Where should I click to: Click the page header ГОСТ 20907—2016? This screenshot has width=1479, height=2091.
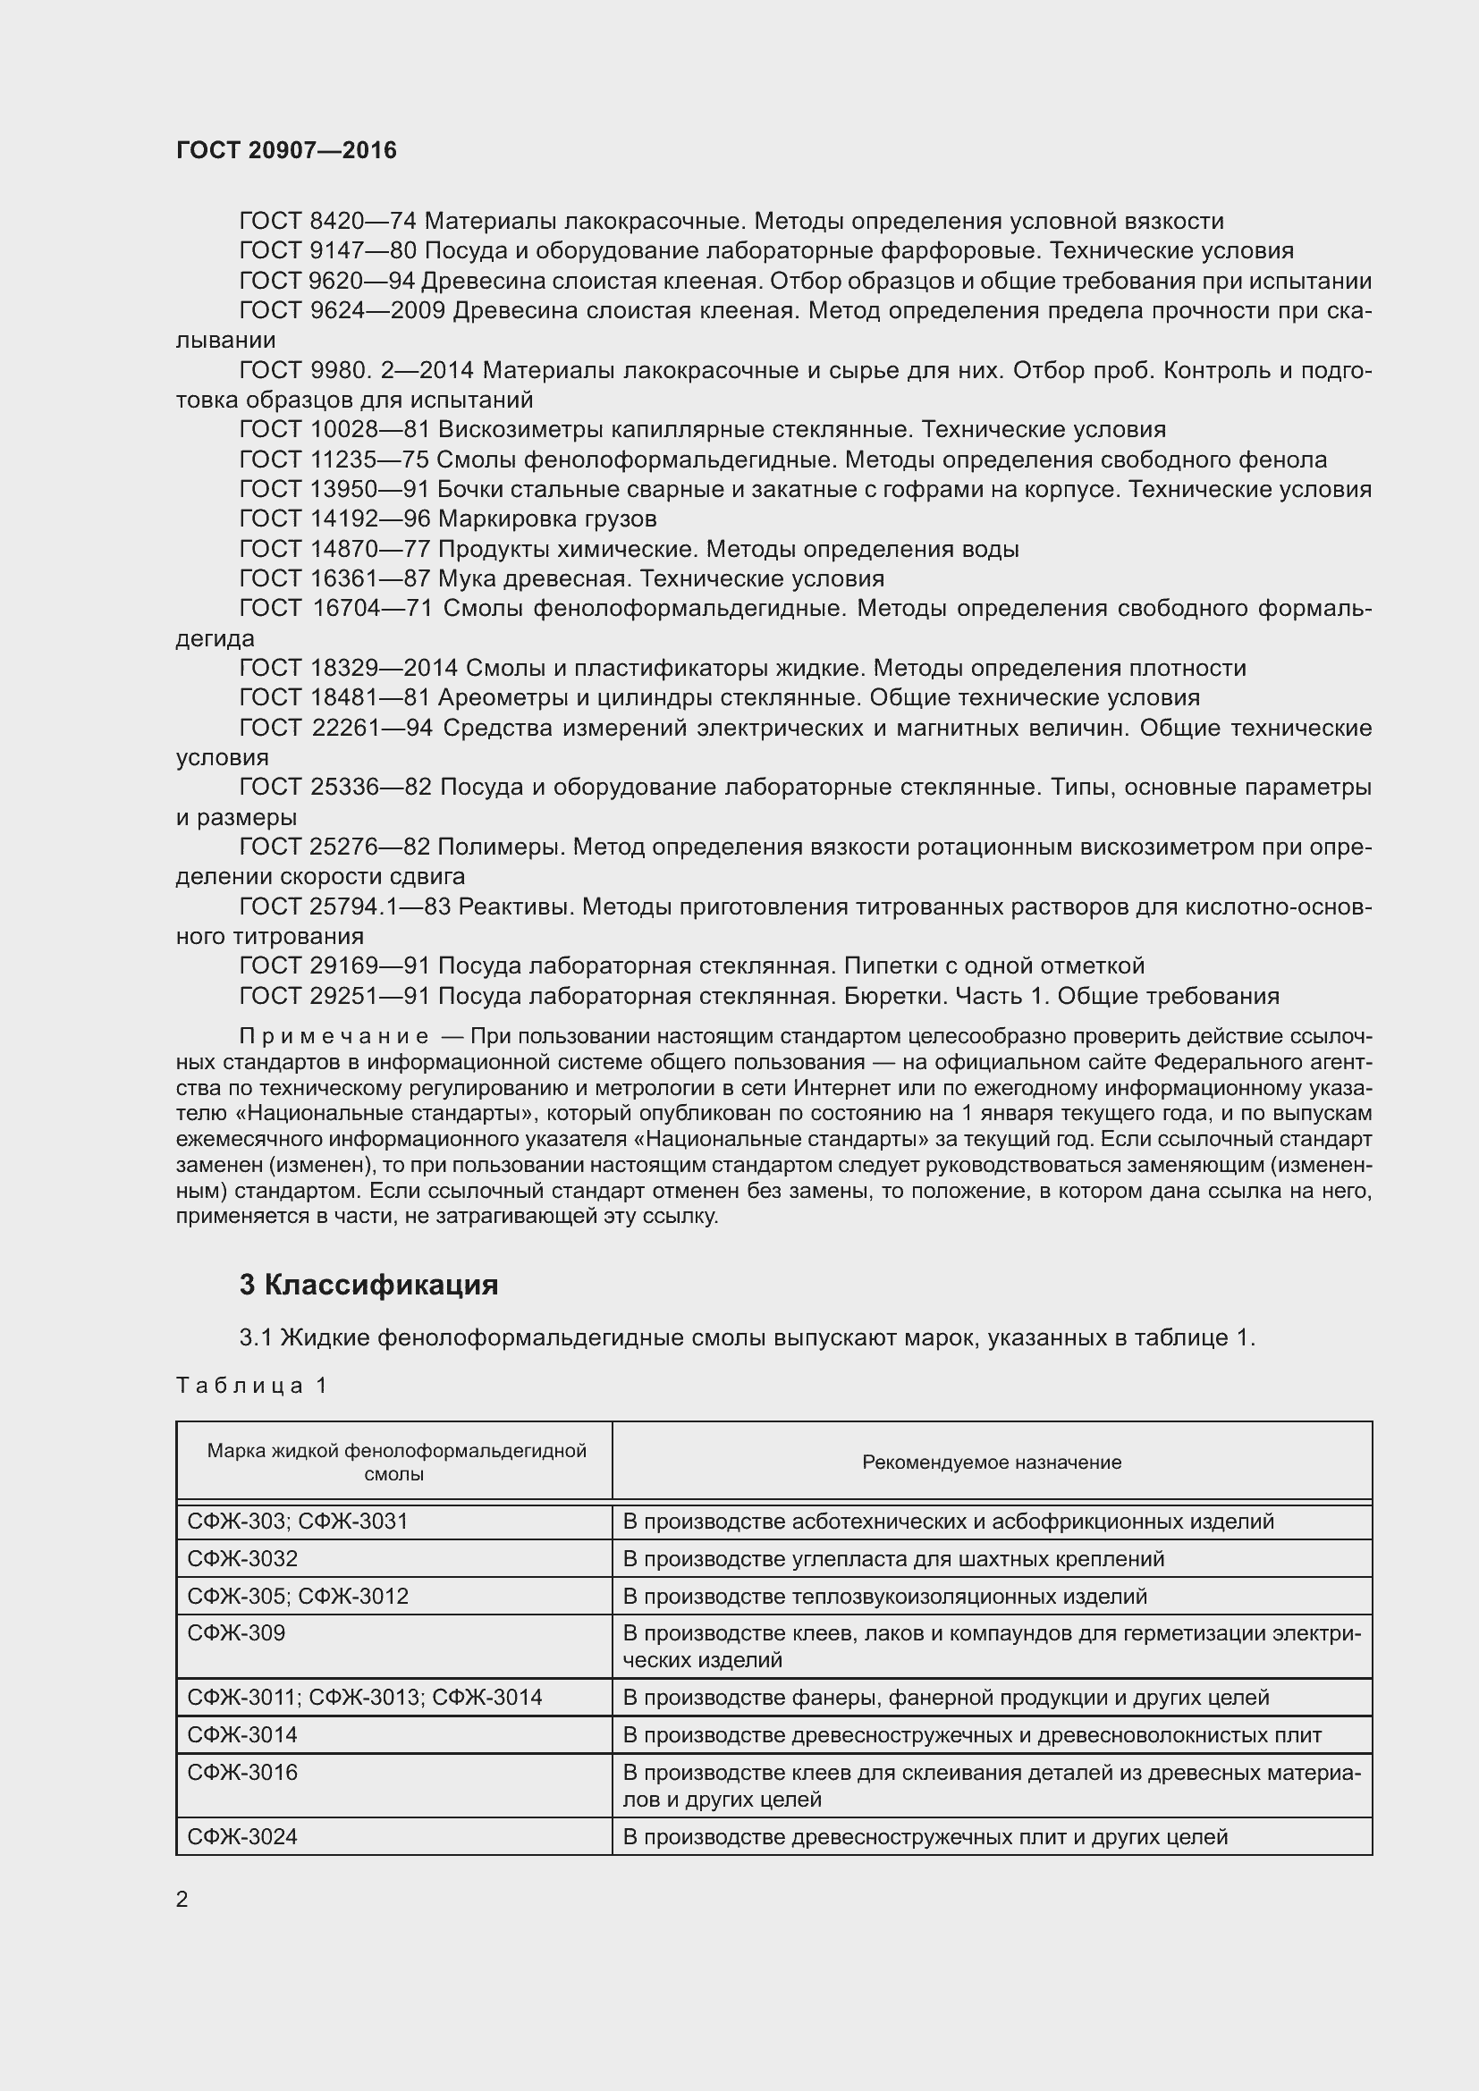tap(286, 150)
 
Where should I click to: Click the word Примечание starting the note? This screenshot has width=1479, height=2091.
tap(334, 1036)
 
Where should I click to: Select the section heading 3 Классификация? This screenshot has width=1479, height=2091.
tap(368, 1285)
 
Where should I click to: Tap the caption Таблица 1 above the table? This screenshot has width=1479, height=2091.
tap(251, 1385)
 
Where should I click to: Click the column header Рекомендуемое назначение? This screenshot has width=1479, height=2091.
tap(991, 1462)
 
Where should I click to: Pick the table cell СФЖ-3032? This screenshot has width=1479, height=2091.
tap(242, 1558)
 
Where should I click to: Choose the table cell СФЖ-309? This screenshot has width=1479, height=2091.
tap(236, 1633)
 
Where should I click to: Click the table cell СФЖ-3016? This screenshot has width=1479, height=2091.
tap(242, 1772)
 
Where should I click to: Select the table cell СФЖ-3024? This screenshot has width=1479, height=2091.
tap(242, 1836)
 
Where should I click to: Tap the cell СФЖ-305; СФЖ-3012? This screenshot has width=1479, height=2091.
tap(298, 1596)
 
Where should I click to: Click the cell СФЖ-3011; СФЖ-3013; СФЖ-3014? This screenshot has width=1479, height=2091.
tap(364, 1697)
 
